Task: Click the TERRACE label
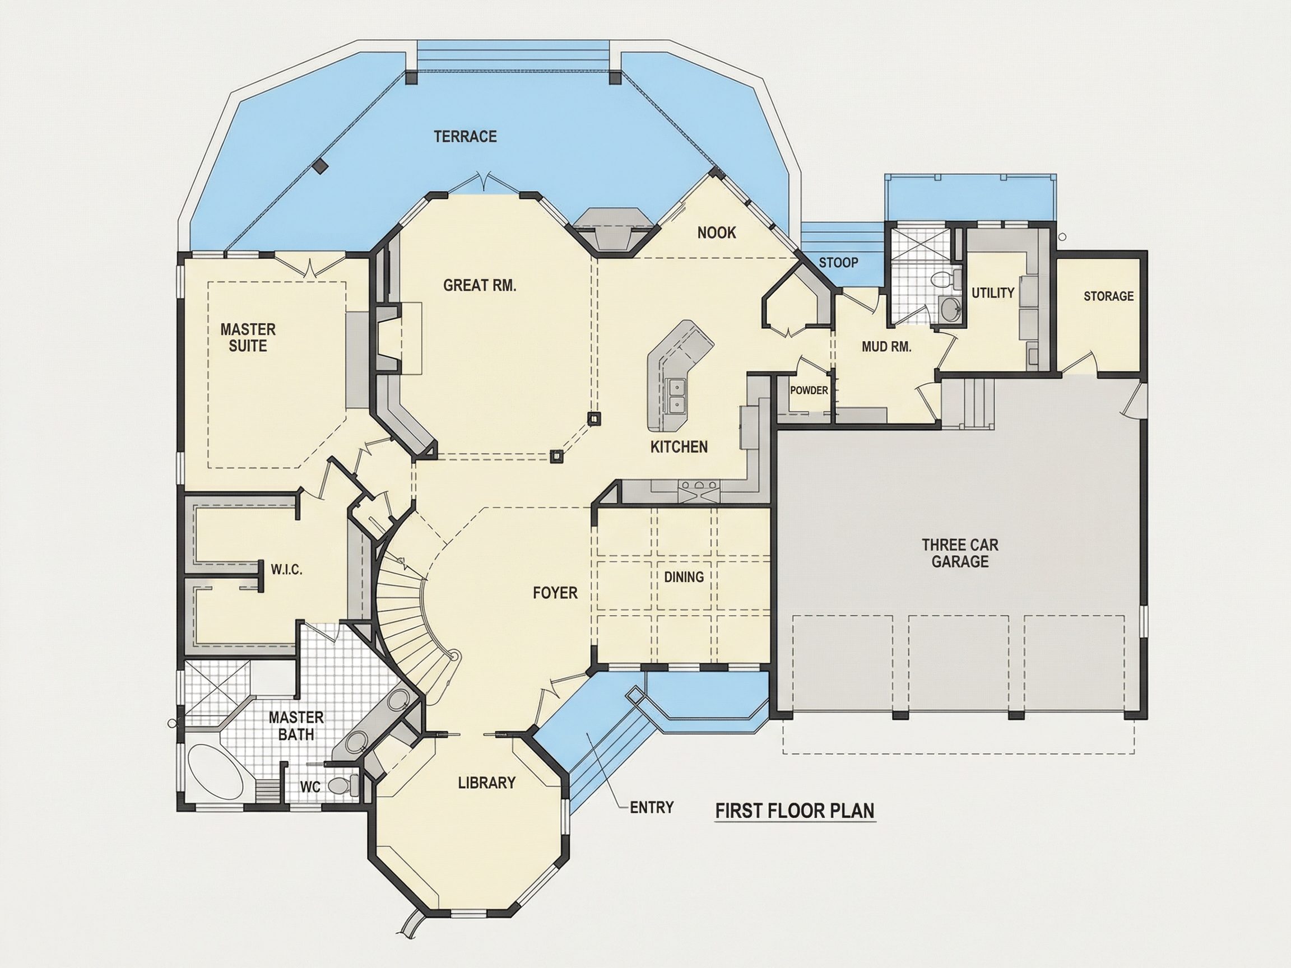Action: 465,137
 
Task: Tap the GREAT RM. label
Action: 480,285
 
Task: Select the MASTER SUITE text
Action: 248,338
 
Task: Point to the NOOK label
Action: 717,233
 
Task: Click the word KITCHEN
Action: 679,447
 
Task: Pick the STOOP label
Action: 838,263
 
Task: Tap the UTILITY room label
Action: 993,293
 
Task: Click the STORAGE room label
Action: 1108,296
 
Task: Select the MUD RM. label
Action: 886,347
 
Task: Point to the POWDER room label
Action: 809,390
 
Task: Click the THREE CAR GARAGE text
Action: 960,553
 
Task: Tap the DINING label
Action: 684,577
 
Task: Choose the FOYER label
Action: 555,593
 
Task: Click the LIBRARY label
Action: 487,783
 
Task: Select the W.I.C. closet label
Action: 286,570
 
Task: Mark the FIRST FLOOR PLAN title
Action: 795,811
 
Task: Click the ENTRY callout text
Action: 652,808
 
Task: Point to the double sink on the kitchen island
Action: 677,395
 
